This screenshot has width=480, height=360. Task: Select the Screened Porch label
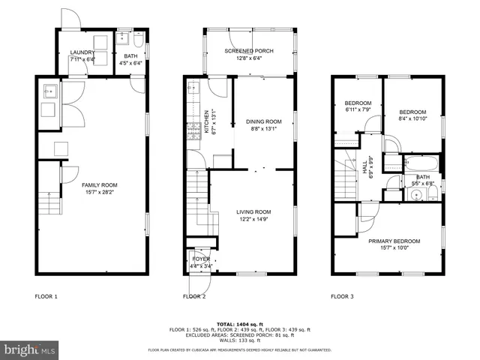coord(249,54)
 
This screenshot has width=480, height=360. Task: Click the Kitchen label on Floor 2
coord(206,124)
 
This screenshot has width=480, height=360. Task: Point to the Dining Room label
coord(263,124)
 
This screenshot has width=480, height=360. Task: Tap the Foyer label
coord(201,262)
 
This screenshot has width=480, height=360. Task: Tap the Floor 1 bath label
coord(130,59)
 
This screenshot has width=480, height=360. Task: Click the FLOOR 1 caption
coord(46,297)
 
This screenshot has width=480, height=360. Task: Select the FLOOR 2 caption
coord(194,297)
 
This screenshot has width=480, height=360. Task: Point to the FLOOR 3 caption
coord(342,297)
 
